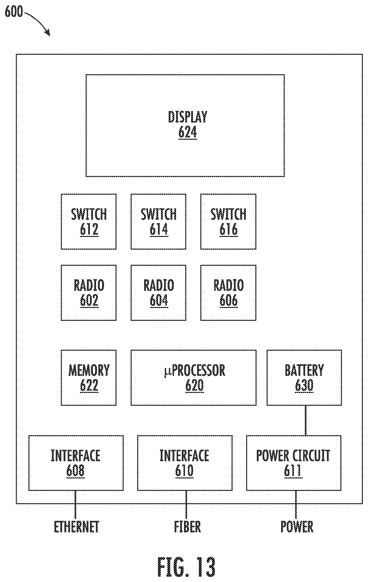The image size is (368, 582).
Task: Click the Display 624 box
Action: click(185, 126)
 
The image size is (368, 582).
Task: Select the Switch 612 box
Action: click(89, 222)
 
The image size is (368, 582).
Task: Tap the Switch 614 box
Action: click(158, 222)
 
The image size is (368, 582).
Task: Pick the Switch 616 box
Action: click(228, 222)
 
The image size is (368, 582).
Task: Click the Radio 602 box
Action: click(89, 293)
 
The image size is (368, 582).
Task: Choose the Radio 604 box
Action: click(158, 293)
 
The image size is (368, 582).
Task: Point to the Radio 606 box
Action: click(228, 293)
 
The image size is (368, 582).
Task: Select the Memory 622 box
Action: click(89, 378)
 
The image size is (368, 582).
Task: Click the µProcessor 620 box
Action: click(193, 378)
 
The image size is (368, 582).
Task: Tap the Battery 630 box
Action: click(304, 378)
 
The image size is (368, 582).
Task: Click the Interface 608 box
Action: click(76, 463)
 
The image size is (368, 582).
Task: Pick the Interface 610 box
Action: click(185, 463)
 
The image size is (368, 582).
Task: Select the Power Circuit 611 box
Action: click(294, 463)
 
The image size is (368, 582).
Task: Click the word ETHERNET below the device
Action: click(76, 527)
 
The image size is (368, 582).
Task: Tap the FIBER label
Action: click(188, 527)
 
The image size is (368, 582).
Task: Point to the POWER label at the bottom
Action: click(297, 527)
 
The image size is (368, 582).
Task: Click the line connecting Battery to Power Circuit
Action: click(306, 420)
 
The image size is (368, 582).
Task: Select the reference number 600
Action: click(14, 12)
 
